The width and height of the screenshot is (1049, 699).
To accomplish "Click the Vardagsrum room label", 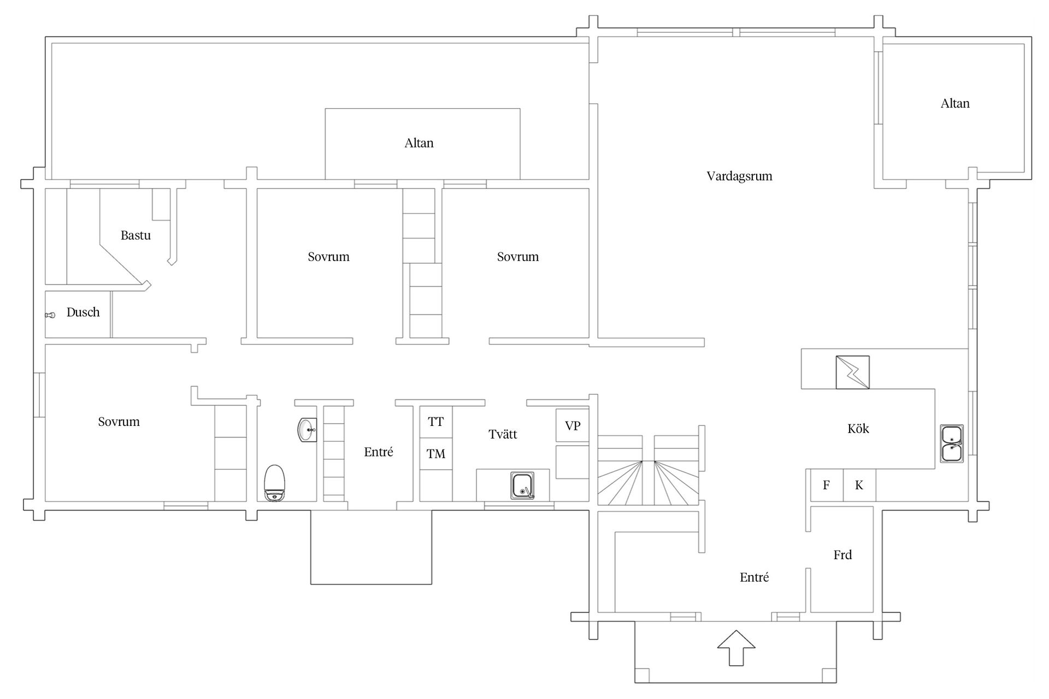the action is pos(739,176).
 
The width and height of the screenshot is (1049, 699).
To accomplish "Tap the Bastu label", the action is pos(135,235).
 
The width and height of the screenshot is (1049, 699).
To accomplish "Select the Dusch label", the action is pos(83,312).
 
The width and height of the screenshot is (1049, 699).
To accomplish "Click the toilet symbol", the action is pos(274,483).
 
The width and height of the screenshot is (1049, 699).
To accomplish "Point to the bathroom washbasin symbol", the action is pos(307,430).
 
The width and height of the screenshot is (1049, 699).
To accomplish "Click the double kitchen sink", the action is pos(952,444).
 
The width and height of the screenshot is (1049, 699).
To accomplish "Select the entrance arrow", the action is pos(736,648).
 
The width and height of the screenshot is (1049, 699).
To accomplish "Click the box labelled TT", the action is pos(436,422).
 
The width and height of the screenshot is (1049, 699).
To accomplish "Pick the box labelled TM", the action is pos(436,453).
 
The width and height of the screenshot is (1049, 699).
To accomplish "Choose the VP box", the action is pos(573,425).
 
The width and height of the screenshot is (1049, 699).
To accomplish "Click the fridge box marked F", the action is pos(827,485).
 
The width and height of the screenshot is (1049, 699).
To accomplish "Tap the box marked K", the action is pos(859,485).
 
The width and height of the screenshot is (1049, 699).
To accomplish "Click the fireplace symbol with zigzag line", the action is pos(852,372).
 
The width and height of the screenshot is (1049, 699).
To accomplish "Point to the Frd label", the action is pos(842,555).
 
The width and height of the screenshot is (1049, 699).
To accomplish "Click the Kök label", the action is pos(858,429).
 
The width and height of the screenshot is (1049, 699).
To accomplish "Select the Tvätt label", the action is pos(503,435).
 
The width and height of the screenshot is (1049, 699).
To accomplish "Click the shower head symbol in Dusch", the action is pos(50,315).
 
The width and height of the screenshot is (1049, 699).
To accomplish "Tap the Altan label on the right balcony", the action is pos(955,104).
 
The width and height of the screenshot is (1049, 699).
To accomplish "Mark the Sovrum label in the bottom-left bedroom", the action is pos(119,422).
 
